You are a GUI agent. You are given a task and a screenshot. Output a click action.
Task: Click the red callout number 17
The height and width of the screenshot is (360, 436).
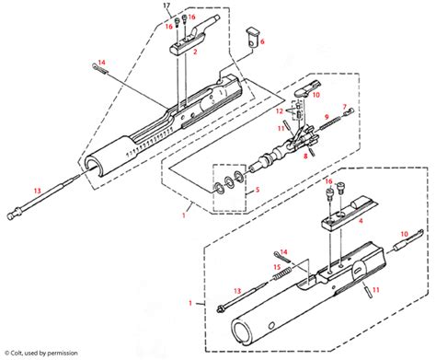166,7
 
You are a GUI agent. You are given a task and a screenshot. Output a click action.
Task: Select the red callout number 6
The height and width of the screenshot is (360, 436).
262,42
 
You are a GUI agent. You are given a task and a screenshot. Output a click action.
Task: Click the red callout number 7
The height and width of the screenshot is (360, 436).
345,107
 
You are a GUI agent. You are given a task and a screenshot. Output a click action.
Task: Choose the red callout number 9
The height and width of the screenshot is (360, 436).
325,116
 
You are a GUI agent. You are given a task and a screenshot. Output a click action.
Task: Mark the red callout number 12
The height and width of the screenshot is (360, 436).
280,112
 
